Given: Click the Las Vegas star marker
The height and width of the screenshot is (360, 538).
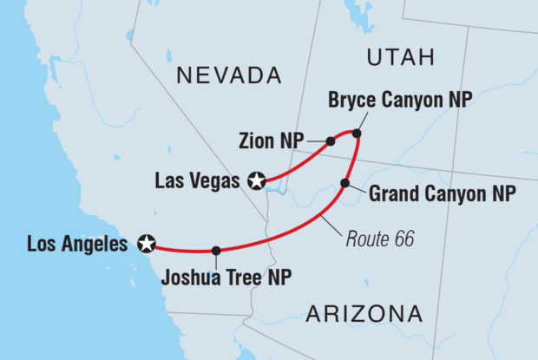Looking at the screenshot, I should tap(257, 180).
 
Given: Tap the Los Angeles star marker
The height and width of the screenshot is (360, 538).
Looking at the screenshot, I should tap(148, 244).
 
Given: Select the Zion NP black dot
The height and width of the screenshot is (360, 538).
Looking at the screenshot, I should tap(331, 141).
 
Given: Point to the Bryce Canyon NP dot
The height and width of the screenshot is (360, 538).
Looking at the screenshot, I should tap(356, 133).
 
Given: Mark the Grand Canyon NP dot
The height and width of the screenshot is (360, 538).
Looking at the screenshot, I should tap(345, 182).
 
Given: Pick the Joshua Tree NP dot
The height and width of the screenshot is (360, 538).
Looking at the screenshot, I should tap(216, 250).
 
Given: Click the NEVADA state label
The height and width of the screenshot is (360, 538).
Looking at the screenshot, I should tap(229, 76).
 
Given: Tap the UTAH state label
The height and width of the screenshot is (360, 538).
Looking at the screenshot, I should tap(399, 58).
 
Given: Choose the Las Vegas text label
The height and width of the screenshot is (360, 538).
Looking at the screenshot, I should tap(198, 180).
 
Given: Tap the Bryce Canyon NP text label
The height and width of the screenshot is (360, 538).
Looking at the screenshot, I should tap(400, 101).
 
